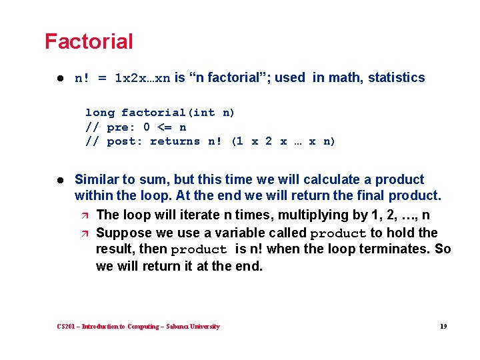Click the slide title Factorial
point(89,41)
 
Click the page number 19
point(443,327)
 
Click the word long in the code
point(99,113)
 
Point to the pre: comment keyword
point(121,127)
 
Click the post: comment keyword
point(124,141)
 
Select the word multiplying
point(297,215)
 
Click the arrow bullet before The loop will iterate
point(83,215)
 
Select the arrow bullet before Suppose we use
point(83,233)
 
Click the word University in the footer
point(205,327)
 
